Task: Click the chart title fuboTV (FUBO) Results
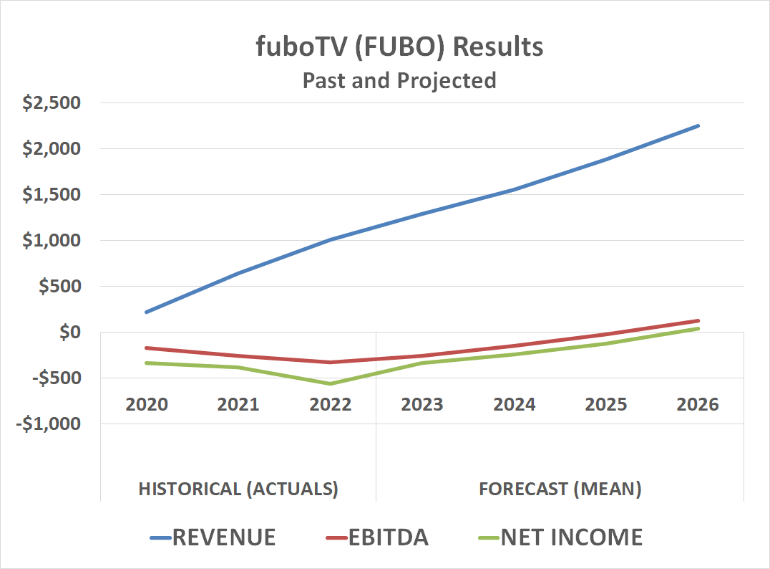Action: pos(399,47)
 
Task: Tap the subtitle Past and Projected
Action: pos(399,80)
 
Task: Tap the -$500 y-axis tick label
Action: pos(55,378)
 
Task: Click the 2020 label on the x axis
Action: pos(147,404)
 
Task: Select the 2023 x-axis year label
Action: pos(422,404)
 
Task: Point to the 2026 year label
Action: pos(698,404)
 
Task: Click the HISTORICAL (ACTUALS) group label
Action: pos(238,489)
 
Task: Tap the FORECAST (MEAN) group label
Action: pos(560,489)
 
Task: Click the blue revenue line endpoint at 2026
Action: pos(698,126)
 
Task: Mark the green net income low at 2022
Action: pos(331,383)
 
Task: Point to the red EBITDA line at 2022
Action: pos(331,362)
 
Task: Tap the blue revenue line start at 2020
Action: pos(147,312)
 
